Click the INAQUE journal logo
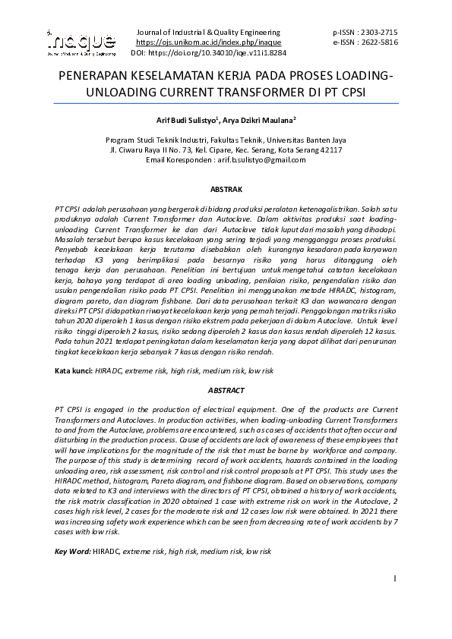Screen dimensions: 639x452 (x=81, y=42)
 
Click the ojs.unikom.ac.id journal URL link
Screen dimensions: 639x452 (x=207, y=43)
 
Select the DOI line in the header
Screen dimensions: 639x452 (x=208, y=54)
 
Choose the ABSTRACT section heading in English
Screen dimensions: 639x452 (x=226, y=390)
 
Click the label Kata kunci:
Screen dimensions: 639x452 (x=73, y=371)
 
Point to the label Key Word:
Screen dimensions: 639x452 (x=72, y=550)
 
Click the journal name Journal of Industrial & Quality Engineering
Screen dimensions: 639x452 (x=207, y=33)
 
